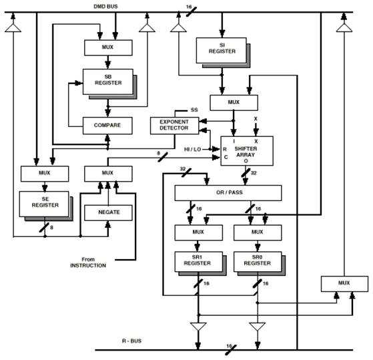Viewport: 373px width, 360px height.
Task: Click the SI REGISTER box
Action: point(222,51)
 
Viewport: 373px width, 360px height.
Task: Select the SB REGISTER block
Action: point(107,81)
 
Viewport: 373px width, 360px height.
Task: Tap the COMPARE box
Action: point(107,126)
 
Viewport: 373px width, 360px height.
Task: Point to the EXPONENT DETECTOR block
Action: point(174,126)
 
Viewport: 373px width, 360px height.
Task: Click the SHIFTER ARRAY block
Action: point(247,151)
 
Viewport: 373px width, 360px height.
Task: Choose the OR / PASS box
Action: point(228,193)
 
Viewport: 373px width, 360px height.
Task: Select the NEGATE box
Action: point(109,212)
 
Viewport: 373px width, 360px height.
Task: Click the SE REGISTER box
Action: point(44,204)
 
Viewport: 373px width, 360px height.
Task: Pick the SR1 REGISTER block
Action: point(198,262)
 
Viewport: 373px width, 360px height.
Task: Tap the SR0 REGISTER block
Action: point(258,262)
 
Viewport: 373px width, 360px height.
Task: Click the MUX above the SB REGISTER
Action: point(108,47)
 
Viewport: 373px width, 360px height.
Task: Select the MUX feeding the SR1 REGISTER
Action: point(199,232)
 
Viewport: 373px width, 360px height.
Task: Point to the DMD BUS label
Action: point(105,7)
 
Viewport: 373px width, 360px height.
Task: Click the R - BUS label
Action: point(132,341)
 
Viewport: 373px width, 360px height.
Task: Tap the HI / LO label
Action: point(192,150)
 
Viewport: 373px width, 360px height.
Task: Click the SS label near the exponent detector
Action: point(194,110)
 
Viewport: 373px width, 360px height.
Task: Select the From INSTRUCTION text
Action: point(88,262)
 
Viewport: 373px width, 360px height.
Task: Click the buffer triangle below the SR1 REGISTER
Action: point(198,326)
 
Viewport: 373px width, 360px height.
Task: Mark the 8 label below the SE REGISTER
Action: point(51,228)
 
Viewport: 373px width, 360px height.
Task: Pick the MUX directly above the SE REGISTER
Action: point(45,174)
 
